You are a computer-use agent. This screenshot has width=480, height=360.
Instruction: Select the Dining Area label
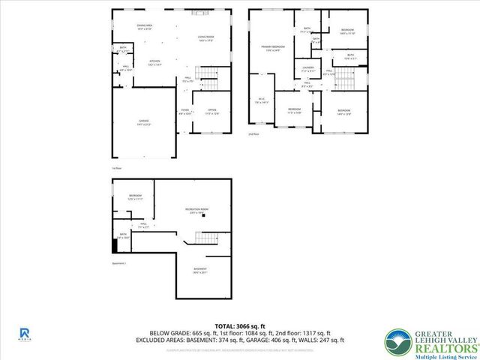pos(145,25)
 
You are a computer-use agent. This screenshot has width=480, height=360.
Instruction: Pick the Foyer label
pos(184,111)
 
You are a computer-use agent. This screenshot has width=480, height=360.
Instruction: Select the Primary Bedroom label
pos(271,49)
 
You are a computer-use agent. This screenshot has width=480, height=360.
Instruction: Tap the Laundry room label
pos(308,69)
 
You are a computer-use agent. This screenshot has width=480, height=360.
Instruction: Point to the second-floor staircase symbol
pos(342,76)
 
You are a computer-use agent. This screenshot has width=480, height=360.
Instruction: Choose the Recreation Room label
pos(197,210)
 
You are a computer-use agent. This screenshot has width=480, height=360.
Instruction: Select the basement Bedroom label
pos(134,196)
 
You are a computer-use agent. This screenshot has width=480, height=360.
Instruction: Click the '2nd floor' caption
pos(253,135)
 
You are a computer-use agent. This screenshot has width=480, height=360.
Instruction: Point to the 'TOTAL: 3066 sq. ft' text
pos(240,325)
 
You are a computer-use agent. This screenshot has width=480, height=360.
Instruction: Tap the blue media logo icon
pos(24,331)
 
